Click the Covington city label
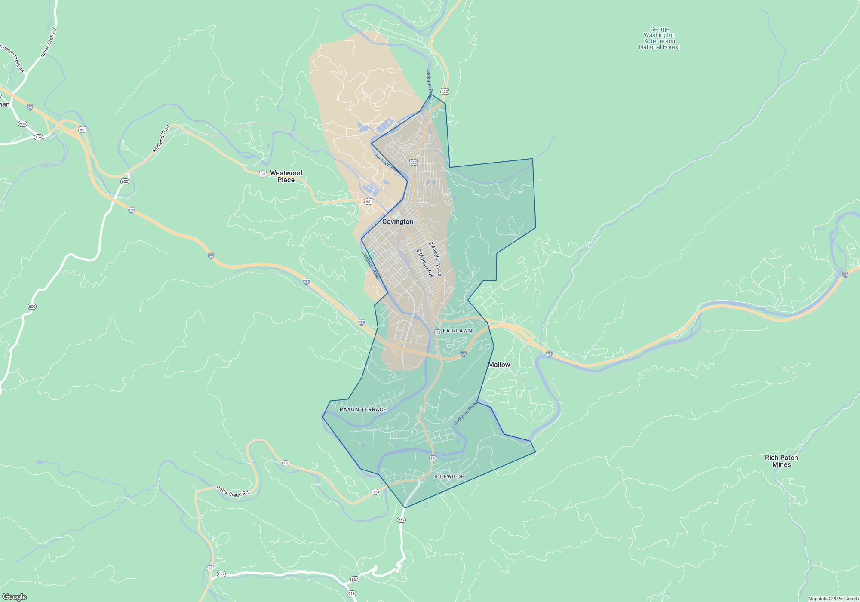pos(398,221)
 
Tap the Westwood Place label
pos(286,176)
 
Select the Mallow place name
pos(499,365)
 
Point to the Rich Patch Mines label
pos(781,461)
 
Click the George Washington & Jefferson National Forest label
pos(660,38)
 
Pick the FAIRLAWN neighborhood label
pos(458,331)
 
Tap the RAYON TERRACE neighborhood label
pos(363,409)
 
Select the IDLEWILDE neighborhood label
pos(449,476)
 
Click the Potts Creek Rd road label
pos(232,491)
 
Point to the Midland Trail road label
pos(161,139)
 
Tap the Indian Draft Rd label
pos(49,43)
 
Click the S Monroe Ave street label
pos(425,263)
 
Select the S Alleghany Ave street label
pos(435,259)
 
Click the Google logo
pos(14,597)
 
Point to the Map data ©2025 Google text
pos(833,599)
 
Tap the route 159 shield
pos(39,137)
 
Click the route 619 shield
pos(352,593)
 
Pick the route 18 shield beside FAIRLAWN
pos(438,332)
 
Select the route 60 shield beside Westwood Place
pos(263,174)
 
